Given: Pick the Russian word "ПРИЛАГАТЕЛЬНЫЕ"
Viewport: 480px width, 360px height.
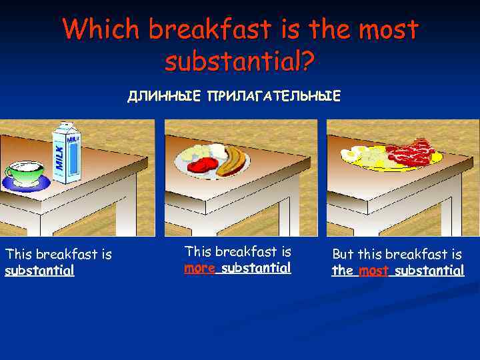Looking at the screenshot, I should [x=273, y=97].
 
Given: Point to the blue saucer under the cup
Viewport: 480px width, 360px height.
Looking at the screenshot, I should [x=27, y=184].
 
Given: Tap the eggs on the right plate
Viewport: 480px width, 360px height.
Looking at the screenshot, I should [x=363, y=155].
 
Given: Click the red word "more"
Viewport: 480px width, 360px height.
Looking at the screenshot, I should [x=199, y=269].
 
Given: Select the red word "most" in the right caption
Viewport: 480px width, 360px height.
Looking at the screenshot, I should [x=373, y=271].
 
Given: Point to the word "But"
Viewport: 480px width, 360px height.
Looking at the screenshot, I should [x=343, y=255].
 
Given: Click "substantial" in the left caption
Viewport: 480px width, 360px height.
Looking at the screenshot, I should [x=39, y=271].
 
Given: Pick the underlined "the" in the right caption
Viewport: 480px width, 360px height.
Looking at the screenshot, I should [x=343, y=271].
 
